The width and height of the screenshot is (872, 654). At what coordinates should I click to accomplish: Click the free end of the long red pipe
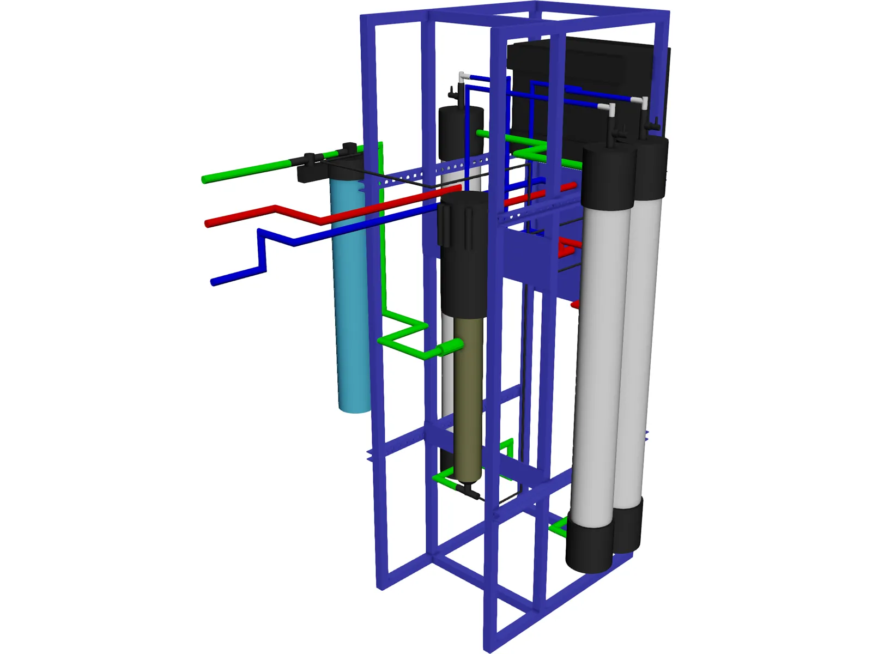coord(208,223)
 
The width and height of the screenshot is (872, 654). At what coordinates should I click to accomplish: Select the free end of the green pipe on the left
coord(205,179)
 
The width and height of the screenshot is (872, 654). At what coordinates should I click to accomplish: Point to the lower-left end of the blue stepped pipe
coord(214,282)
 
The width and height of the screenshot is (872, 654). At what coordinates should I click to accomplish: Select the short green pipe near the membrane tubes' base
coord(559,527)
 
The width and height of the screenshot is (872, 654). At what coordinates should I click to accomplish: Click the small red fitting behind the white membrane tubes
coord(567,248)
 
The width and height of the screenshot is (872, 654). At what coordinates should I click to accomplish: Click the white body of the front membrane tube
coord(599,354)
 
